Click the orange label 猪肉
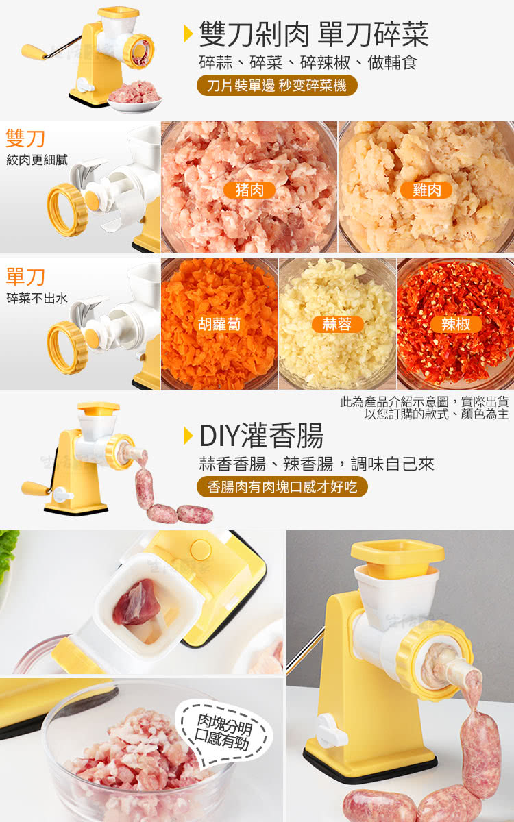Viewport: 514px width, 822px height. pos(249,190)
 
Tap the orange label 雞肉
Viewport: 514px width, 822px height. pos(426,190)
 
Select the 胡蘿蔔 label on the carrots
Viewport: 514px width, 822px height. pos(219,325)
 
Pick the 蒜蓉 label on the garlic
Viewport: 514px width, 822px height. pos(337,325)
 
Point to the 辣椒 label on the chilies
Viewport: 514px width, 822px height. pos(456,325)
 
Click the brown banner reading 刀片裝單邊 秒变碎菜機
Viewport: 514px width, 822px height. pos(277,86)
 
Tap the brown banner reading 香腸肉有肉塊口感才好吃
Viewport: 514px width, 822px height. pos(282,487)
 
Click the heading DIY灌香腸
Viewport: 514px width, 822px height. pos(261,436)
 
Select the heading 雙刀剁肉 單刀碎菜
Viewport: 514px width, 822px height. pos(314,34)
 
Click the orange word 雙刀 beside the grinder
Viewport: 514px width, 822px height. pos(25,138)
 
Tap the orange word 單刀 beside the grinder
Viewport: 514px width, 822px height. pos(25,277)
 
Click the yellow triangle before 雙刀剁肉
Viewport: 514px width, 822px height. pos(188,34)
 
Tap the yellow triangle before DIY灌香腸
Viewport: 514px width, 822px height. pos(188,436)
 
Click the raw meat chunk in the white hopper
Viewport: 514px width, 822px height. pos(136,602)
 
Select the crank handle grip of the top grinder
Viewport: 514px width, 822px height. pos(34,51)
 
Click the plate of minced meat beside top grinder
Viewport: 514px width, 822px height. pos(135,97)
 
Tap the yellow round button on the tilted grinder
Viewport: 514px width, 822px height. pos(200,550)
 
